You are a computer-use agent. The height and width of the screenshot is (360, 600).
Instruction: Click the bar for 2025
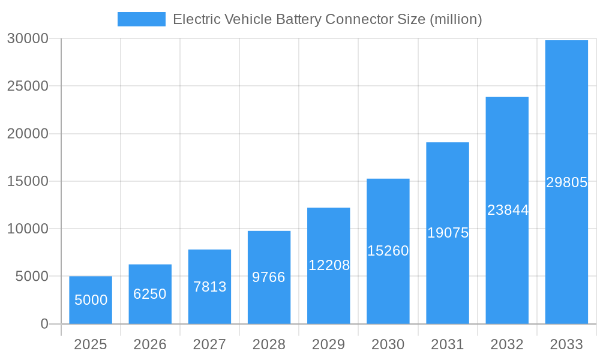click(91, 300)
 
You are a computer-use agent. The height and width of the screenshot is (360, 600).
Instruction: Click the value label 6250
click(150, 294)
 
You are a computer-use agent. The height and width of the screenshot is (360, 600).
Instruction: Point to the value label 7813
click(209, 287)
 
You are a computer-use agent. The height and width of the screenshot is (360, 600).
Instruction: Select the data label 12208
click(329, 265)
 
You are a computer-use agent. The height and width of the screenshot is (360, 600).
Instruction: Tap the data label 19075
click(448, 233)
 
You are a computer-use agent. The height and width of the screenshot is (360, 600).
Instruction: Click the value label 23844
click(508, 210)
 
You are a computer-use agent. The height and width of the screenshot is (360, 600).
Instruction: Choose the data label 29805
click(566, 183)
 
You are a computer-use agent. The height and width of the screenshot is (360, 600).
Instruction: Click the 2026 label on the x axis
click(150, 344)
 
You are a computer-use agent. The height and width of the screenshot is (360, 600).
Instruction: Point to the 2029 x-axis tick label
click(329, 344)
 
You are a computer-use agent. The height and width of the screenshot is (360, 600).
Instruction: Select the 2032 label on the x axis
click(507, 344)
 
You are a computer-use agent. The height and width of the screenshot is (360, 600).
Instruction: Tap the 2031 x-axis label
click(448, 344)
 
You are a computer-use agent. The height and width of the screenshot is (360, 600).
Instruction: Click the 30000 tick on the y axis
click(28, 39)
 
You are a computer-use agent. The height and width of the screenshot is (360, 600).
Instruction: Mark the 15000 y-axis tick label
click(28, 181)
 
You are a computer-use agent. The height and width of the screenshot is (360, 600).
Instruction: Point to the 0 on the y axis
click(44, 324)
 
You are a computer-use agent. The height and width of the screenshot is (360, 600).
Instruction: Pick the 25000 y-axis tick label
click(28, 86)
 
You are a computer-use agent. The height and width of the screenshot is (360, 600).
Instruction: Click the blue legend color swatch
click(142, 19)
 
